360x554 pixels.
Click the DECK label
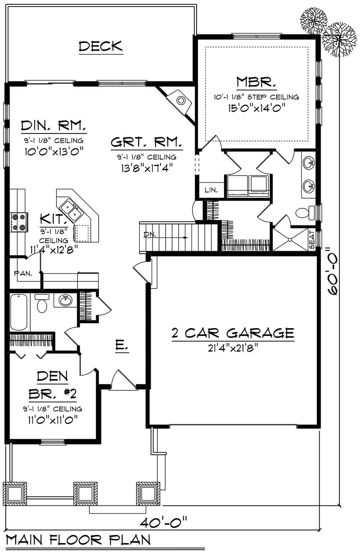tap(101, 46)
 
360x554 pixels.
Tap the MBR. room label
tap(256, 82)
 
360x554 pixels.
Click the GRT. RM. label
tap(146, 142)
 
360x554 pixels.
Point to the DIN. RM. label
tap(54, 126)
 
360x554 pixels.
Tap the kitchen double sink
tap(71, 210)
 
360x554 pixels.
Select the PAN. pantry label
tap(23, 273)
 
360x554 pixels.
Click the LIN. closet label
tap(211, 190)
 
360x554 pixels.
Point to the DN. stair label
tap(149, 235)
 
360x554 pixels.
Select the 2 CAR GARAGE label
tap(233, 333)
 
